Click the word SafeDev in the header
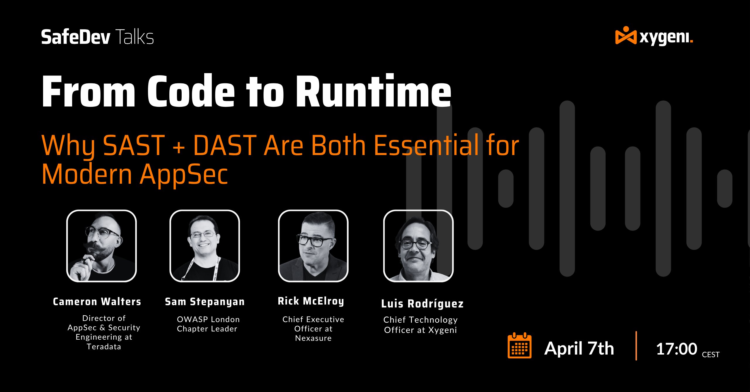click(76, 37)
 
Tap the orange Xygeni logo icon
click(626, 36)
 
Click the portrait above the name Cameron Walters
click(102, 246)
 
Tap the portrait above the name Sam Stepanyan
click(205, 246)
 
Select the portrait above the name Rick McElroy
click(313, 246)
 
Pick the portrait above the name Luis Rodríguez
click(418, 246)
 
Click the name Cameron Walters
click(97, 302)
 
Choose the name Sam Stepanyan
click(205, 302)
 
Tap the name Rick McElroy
click(311, 301)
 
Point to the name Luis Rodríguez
click(422, 304)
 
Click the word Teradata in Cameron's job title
click(104, 347)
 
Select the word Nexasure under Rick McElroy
click(313, 338)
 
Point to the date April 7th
click(579, 348)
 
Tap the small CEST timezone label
click(711, 355)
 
